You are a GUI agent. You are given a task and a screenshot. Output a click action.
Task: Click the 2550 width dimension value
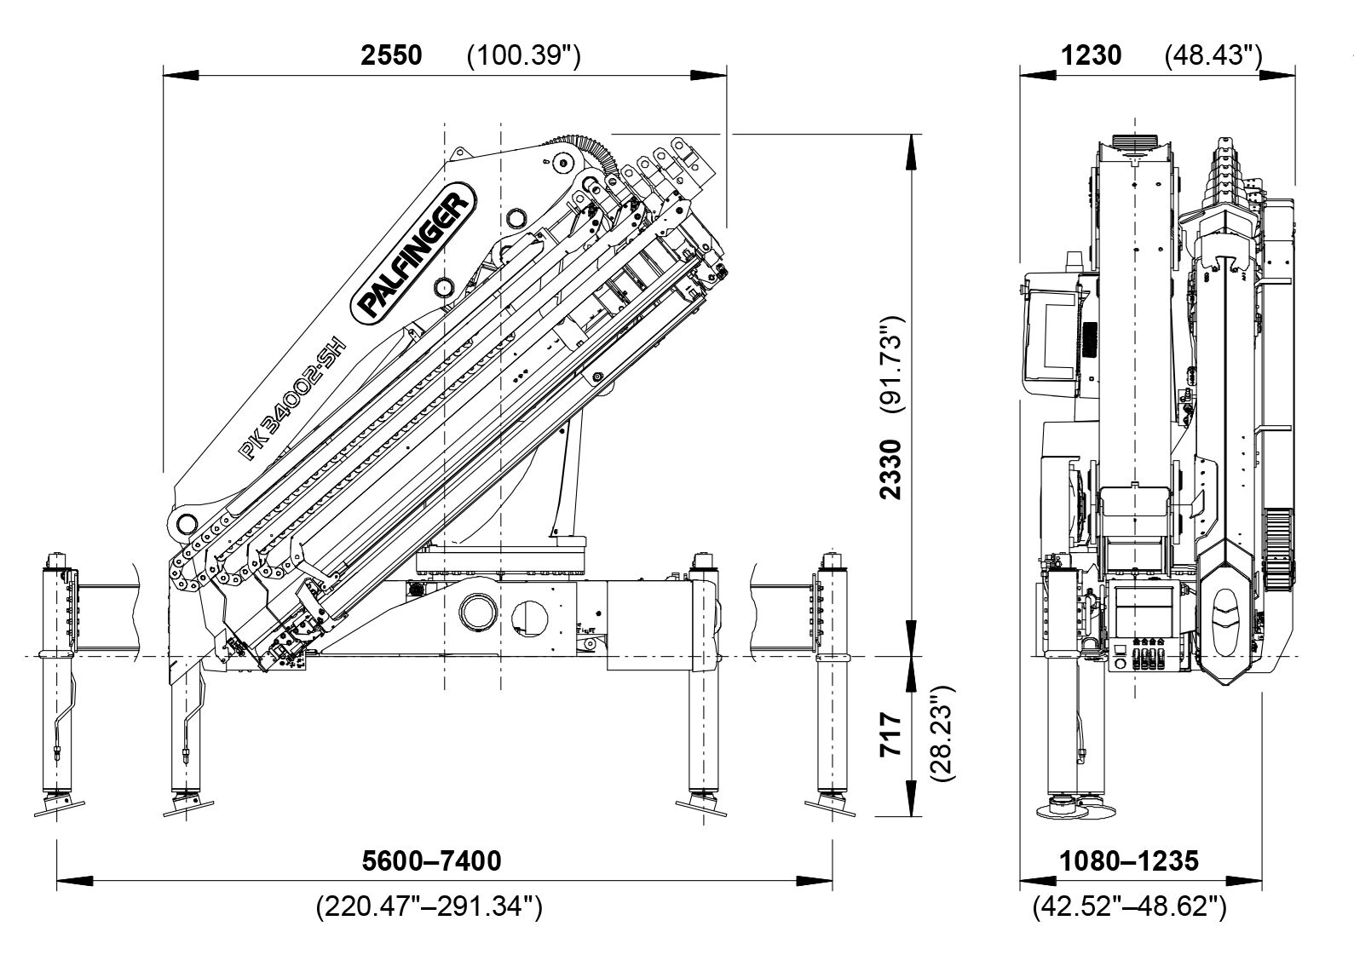tap(391, 55)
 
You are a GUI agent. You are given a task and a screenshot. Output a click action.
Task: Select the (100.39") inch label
tap(523, 55)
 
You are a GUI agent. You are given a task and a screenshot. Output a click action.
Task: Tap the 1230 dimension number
tap(1092, 55)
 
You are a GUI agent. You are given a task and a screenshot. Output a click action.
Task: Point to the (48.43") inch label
tap(1213, 55)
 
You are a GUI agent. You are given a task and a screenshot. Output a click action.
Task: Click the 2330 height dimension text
tap(890, 469)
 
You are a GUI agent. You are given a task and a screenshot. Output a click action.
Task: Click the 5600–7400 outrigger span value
tap(431, 860)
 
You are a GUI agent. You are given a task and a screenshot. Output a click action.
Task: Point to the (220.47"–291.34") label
tap(429, 906)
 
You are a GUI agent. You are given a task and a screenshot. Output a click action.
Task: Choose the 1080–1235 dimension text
tap(1129, 860)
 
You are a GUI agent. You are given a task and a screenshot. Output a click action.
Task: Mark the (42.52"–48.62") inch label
tap(1129, 906)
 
